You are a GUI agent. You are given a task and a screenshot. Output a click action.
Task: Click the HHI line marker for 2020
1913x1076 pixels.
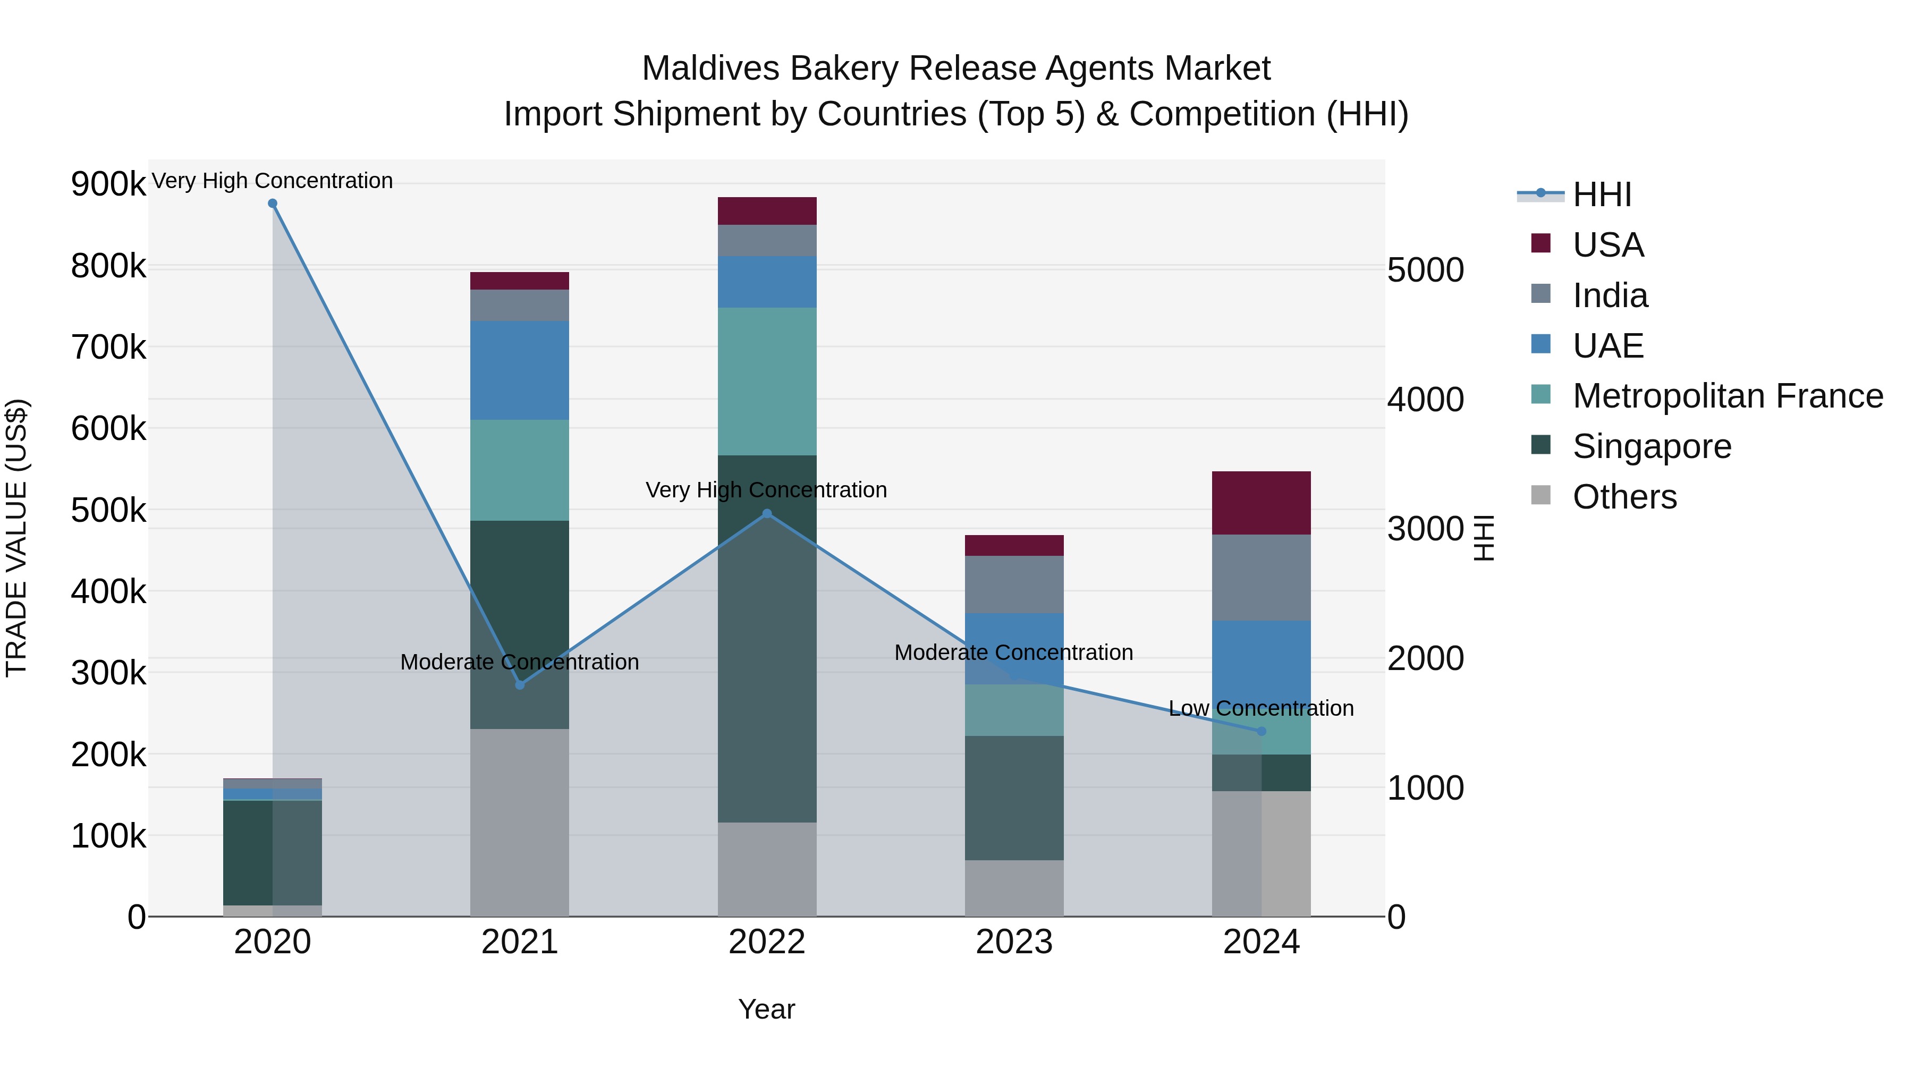[273, 204]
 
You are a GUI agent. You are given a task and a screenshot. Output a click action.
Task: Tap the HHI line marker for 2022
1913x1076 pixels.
[767, 513]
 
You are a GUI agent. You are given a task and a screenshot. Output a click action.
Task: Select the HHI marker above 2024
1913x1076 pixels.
[1261, 732]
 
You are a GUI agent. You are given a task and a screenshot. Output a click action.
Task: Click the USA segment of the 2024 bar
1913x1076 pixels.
[1261, 503]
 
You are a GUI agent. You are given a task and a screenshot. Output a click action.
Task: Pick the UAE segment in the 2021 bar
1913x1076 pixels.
[519, 370]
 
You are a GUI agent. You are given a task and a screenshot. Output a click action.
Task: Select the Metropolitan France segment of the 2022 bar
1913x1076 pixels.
[767, 381]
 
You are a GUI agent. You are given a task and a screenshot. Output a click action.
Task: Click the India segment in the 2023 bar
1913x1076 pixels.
[1014, 584]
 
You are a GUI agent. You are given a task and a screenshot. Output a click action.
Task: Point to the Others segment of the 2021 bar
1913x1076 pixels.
[519, 822]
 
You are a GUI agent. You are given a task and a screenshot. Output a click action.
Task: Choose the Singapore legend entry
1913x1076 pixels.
[1651, 446]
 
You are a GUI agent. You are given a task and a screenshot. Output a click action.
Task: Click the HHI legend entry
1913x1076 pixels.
[1601, 194]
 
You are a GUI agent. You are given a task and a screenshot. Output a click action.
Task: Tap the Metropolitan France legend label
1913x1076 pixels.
[1728, 396]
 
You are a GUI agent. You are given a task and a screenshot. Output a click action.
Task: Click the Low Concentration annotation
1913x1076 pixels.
[1261, 708]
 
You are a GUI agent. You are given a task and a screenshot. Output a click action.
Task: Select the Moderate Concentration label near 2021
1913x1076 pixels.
[519, 662]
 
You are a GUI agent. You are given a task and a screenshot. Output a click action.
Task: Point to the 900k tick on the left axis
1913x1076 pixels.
[108, 183]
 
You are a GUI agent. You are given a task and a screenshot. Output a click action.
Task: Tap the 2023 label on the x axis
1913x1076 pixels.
[1014, 942]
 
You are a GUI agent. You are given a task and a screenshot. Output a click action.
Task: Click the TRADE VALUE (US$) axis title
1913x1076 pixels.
[16, 538]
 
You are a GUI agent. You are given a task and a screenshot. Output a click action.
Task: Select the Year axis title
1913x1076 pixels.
[766, 1009]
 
